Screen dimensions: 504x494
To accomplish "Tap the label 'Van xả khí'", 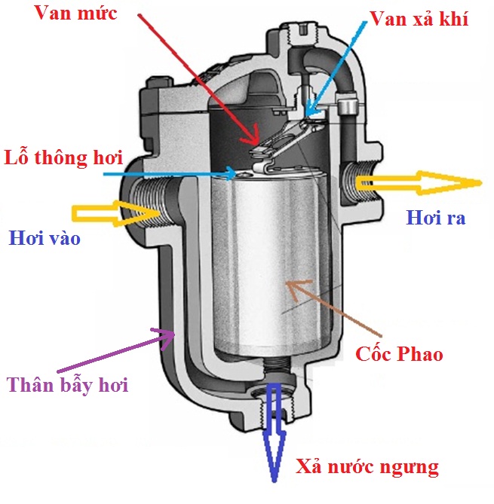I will click(419, 20).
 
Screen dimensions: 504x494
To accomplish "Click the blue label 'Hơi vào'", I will click(44, 240).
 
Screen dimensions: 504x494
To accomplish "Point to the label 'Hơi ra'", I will click(435, 218).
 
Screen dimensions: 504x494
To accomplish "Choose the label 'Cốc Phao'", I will click(399, 353).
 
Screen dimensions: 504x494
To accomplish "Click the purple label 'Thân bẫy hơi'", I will click(68, 386).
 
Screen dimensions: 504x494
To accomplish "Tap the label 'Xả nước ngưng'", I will click(367, 467).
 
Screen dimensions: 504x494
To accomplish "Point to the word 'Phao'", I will click(421, 353).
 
